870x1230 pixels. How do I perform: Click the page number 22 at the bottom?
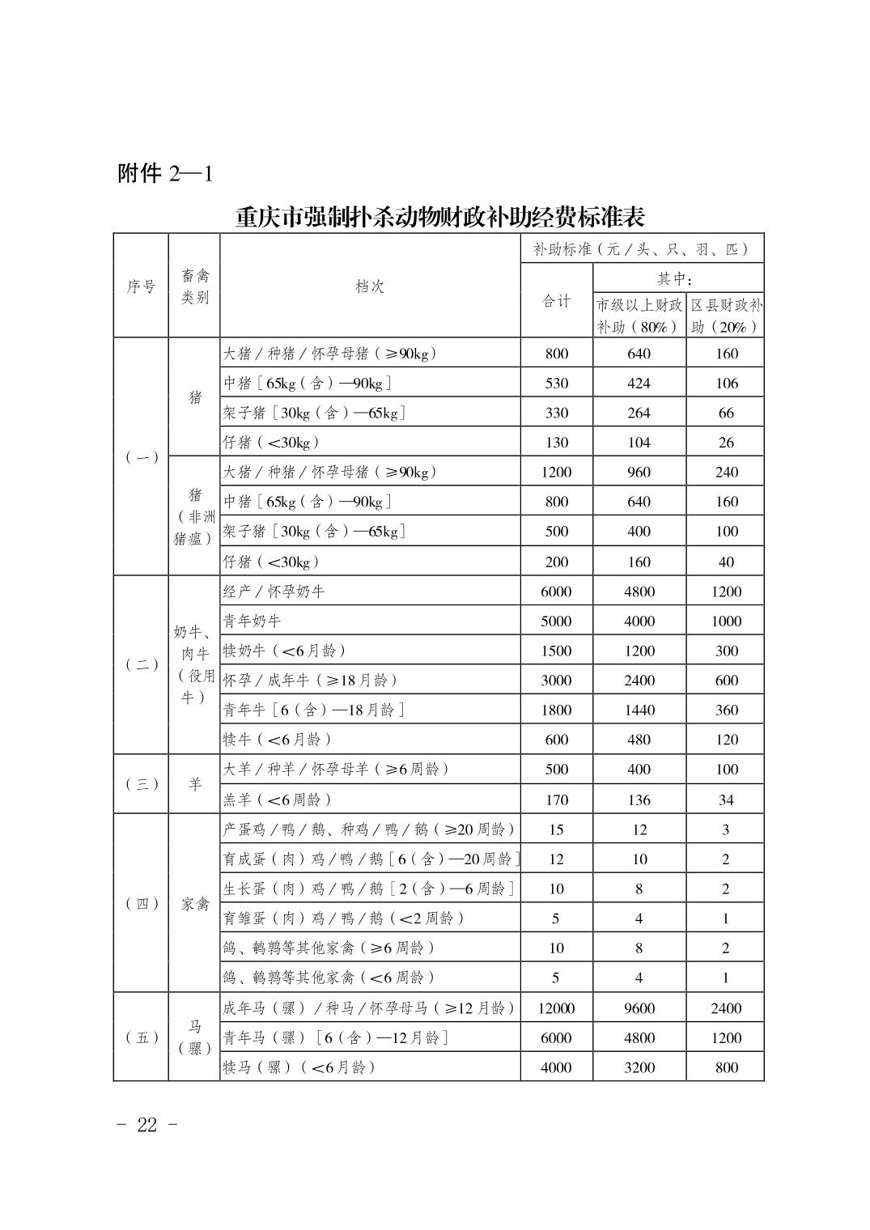[146, 1126]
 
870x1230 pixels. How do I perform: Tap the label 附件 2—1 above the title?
[165, 173]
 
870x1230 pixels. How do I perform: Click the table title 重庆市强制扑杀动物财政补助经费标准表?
[439, 217]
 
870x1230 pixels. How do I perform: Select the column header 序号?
[141, 286]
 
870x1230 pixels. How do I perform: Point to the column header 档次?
[370, 286]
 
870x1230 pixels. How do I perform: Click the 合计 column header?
[556, 301]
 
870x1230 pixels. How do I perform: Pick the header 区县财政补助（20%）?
[725, 316]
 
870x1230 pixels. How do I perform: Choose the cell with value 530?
[556, 384]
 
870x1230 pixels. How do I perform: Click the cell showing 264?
[639, 414]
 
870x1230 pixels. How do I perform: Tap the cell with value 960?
[639, 473]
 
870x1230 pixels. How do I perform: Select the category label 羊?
[194, 784]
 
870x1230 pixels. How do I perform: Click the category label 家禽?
[194, 904]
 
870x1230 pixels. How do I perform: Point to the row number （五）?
[141, 1037]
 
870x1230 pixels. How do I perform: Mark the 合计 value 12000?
[556, 1008]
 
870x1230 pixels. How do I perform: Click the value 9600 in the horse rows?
[639, 1008]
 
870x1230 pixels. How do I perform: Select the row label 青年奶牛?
[253, 621]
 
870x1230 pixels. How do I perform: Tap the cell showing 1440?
[639, 710]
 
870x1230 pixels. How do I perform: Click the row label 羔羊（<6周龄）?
[278, 799]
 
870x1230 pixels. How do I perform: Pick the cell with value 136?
[639, 799]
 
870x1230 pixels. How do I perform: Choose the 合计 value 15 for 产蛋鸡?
[556, 829]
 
